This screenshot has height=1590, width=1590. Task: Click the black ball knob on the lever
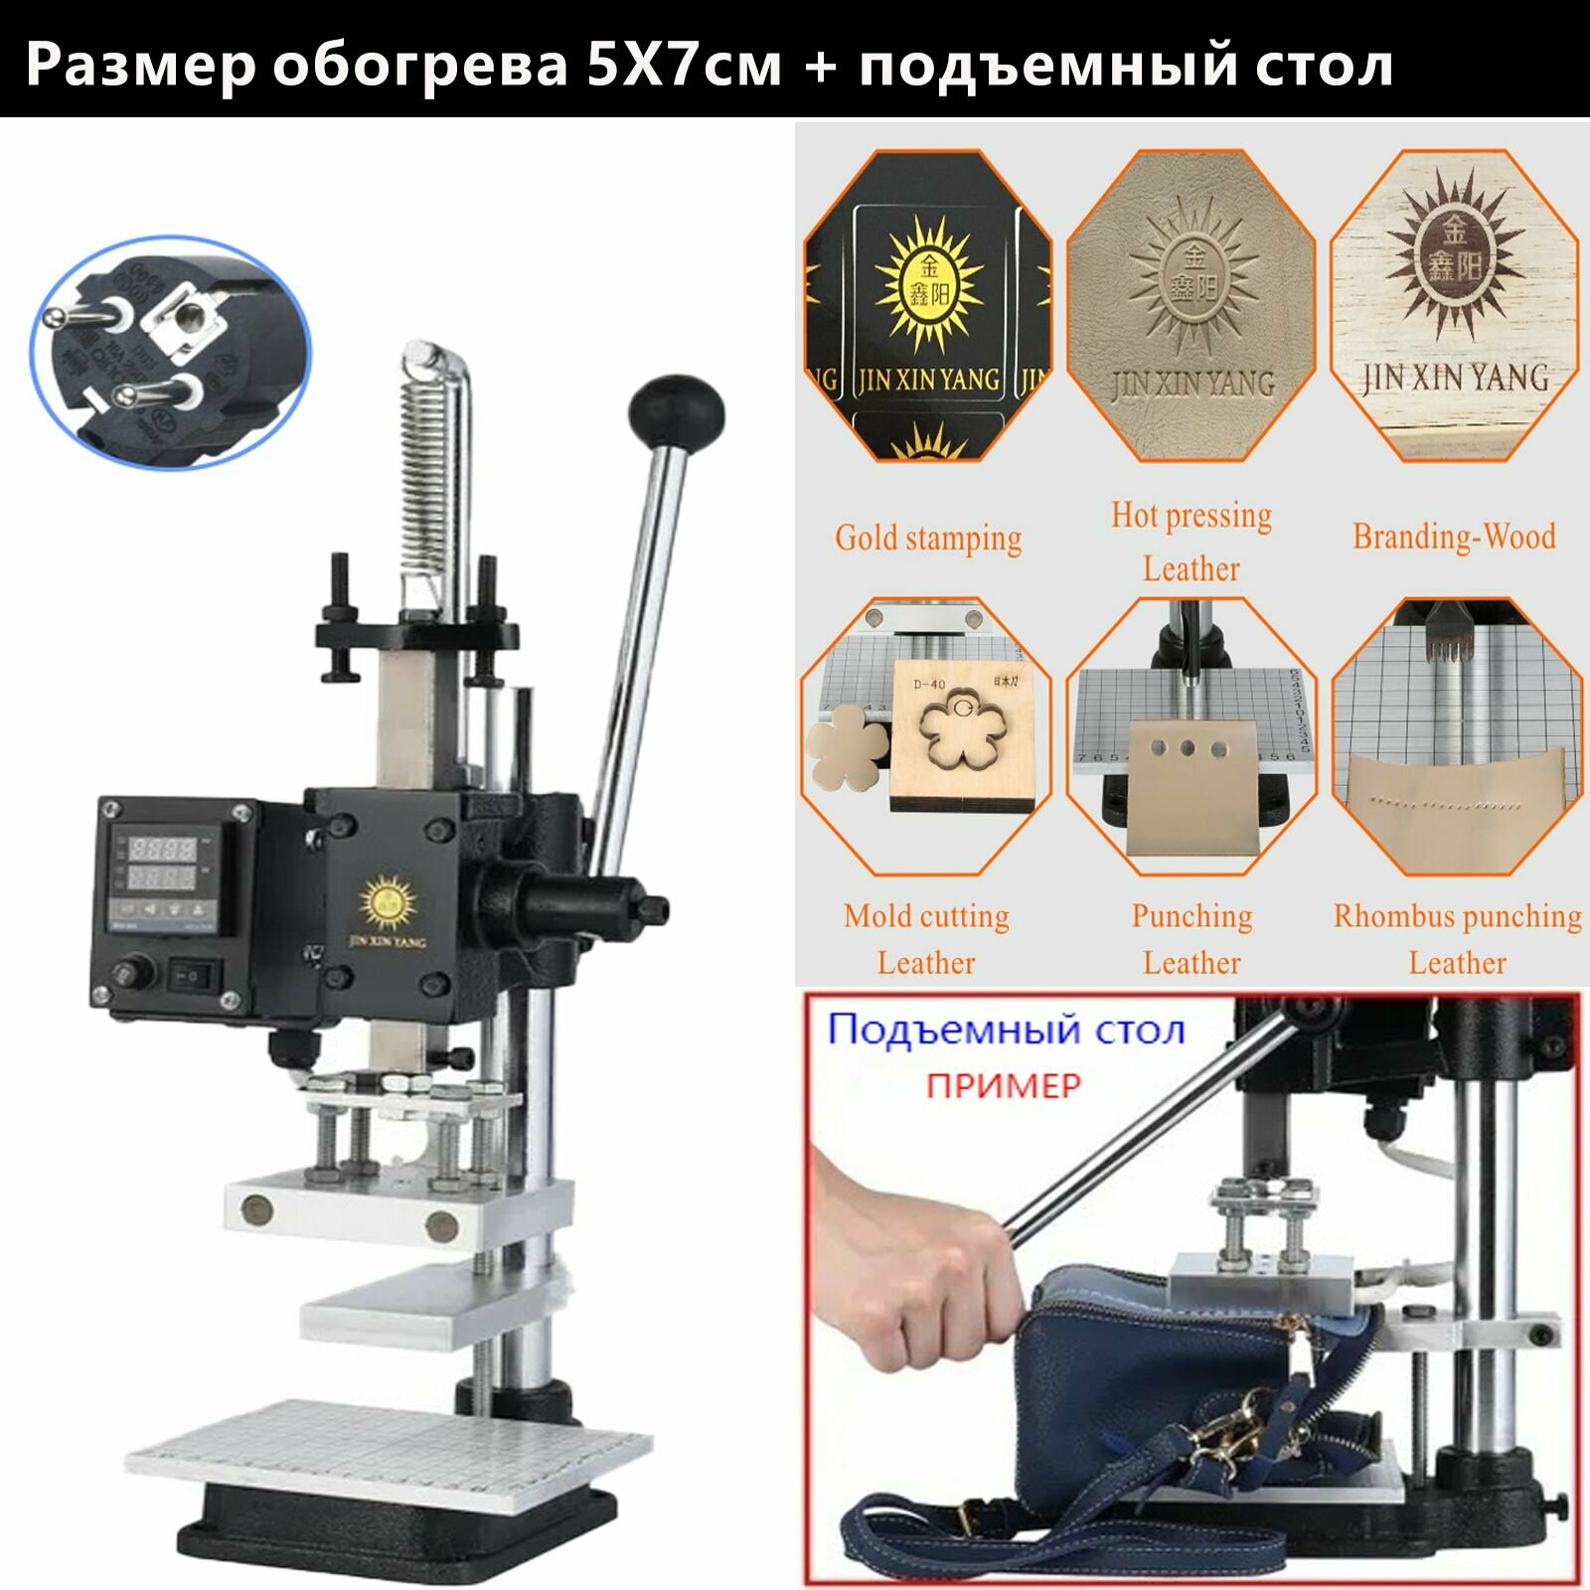click(x=677, y=409)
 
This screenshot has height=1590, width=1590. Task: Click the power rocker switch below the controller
click(x=192, y=977)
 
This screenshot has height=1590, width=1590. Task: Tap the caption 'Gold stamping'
click(x=928, y=538)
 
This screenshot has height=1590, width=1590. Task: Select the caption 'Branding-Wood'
click(x=1454, y=537)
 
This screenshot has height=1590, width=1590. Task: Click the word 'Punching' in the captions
click(x=1192, y=915)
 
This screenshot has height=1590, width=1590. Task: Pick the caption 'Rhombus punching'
click(x=1457, y=915)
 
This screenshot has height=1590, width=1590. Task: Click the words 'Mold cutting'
click(x=926, y=915)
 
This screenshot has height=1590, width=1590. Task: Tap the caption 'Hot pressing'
click(x=1192, y=515)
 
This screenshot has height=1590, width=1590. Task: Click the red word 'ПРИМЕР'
click(x=1003, y=1084)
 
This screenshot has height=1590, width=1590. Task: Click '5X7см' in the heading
click(x=684, y=66)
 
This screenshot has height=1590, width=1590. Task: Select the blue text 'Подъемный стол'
click(x=1006, y=1030)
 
